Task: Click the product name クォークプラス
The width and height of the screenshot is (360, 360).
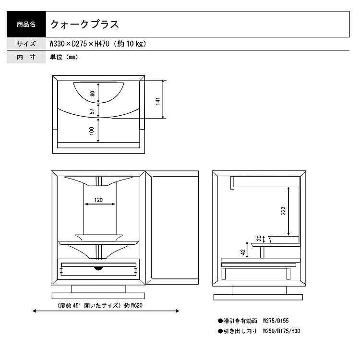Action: (x=84, y=24)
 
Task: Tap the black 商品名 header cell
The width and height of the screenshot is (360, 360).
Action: (x=26, y=24)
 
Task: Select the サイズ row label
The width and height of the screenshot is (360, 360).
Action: (x=26, y=44)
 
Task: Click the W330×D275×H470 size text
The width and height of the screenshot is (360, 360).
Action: (x=79, y=44)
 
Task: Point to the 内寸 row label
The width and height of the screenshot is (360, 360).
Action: (x=26, y=57)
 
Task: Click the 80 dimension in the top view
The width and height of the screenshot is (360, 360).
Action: (x=92, y=93)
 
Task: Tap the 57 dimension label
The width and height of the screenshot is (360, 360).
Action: (x=92, y=111)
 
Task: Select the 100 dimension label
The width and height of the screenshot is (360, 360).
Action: (x=92, y=131)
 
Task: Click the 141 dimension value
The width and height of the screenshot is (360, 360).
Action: (x=158, y=101)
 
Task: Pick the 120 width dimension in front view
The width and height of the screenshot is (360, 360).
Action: (x=98, y=200)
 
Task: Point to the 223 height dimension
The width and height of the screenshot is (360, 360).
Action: (x=283, y=211)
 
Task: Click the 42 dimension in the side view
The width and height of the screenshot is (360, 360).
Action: (x=243, y=252)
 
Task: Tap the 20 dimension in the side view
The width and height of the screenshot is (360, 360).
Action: (x=259, y=238)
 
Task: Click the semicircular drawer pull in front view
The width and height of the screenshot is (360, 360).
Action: (x=98, y=268)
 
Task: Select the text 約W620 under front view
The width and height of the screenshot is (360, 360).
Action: (x=133, y=306)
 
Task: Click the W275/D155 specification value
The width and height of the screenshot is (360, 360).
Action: (x=276, y=321)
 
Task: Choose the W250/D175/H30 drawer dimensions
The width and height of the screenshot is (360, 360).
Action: (x=281, y=331)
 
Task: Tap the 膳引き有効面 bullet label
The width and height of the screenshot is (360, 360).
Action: (x=238, y=321)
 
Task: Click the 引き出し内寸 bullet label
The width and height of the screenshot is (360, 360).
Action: (x=238, y=331)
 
